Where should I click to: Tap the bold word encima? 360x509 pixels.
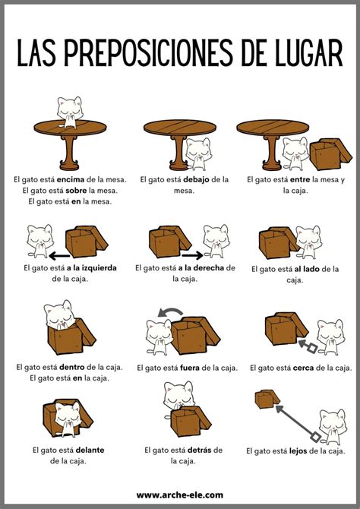(71, 179)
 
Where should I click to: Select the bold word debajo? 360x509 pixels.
(196, 179)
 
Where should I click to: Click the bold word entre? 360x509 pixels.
(300, 179)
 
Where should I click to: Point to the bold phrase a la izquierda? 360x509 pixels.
(92, 268)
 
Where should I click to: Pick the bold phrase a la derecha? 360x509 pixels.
(201, 268)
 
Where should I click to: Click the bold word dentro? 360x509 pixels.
(71, 367)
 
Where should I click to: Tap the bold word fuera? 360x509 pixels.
(190, 368)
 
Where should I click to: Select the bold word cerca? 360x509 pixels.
(303, 368)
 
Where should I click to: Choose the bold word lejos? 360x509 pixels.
(298, 451)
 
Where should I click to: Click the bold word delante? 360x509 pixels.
(90, 450)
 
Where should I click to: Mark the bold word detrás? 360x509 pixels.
(200, 450)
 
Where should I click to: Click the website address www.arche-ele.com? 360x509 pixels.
(180, 495)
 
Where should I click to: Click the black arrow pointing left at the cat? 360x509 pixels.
(59, 257)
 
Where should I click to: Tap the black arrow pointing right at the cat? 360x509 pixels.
(192, 255)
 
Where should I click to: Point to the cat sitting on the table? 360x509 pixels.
(70, 112)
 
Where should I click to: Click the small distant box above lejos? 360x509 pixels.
(267, 399)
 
